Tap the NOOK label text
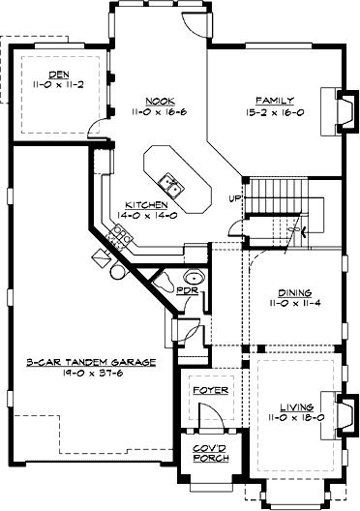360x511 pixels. coord(159,100)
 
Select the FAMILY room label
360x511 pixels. coord(268,100)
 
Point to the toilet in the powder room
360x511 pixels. coord(165,283)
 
